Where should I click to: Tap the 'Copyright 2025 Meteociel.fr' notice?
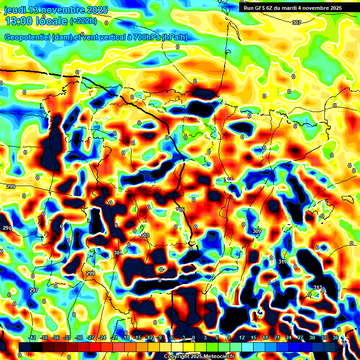tap(199, 357)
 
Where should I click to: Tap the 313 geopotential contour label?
tap(317, 288)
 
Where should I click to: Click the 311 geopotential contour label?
tap(282, 262)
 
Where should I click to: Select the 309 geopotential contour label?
tap(256, 232)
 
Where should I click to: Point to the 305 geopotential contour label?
tap(180, 210)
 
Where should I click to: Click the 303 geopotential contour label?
tap(145, 235)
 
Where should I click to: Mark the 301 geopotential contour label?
tap(118, 253)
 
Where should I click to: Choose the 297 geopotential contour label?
tap(34, 291)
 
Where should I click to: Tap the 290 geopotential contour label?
tap(7, 228)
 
